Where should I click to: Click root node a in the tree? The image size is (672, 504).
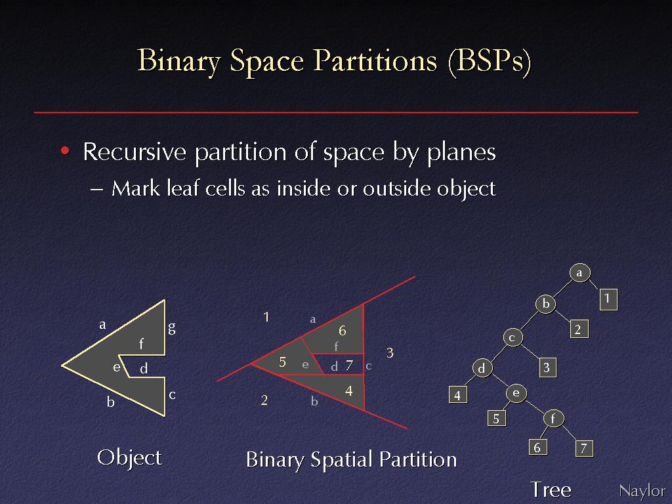pyautogui.click(x=580, y=272)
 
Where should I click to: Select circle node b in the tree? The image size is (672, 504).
pyautogui.click(x=545, y=304)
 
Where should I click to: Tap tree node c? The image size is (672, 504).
pyautogui.click(x=512, y=338)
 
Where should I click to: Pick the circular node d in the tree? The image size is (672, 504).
pyautogui.click(x=482, y=368)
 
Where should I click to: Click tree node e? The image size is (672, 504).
pyautogui.click(x=516, y=394)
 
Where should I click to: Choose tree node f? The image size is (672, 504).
pyautogui.click(x=553, y=418)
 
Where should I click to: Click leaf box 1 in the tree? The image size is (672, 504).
pyautogui.click(x=608, y=299)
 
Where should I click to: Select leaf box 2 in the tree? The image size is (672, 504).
pyautogui.click(x=578, y=329)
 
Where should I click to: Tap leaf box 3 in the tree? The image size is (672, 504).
pyautogui.click(x=547, y=367)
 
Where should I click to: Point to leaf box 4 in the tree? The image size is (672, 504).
pyautogui.click(x=457, y=394)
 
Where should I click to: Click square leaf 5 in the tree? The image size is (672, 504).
pyautogui.click(x=496, y=418)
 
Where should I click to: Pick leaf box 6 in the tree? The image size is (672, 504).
pyautogui.click(x=537, y=448)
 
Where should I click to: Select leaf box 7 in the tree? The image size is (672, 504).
pyautogui.click(x=583, y=448)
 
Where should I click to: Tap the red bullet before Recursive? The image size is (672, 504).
pyautogui.click(x=65, y=150)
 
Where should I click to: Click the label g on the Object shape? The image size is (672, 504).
pyautogui.click(x=172, y=328)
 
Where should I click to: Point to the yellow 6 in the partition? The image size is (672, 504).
pyautogui.click(x=342, y=331)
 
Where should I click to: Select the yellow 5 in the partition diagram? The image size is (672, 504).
pyautogui.click(x=282, y=362)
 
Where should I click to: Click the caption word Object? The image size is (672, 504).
pyautogui.click(x=129, y=458)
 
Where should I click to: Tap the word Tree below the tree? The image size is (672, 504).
pyautogui.click(x=551, y=490)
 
